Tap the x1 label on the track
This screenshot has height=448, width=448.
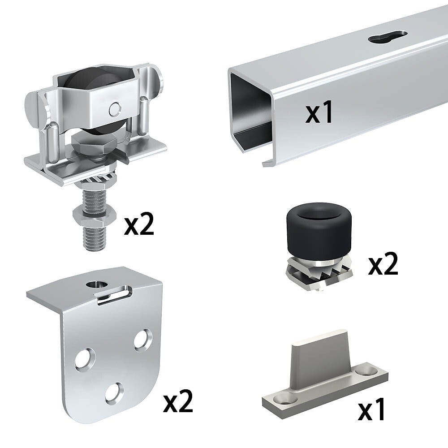pyautogui.click(x=319, y=112)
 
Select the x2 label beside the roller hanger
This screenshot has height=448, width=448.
pyautogui.click(x=139, y=224)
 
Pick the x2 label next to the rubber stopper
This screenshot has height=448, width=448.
pyautogui.click(x=383, y=264)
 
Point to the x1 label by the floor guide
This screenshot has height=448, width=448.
pyautogui.click(x=371, y=409)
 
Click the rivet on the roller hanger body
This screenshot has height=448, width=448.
pyautogui.click(x=115, y=109)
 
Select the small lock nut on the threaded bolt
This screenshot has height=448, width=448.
pyautogui.click(x=95, y=216)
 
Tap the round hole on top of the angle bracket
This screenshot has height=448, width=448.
pyautogui.click(x=97, y=284)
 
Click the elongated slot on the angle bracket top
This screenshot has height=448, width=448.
pyautogui.click(x=114, y=295)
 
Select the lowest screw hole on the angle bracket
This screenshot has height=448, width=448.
pyautogui.click(x=115, y=393)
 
